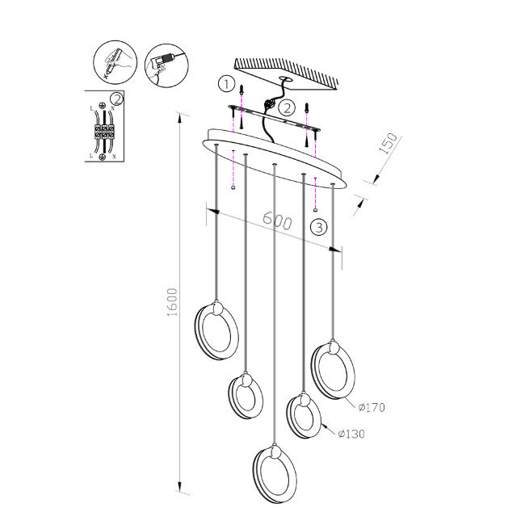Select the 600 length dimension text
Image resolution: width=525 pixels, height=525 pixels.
coord(277,222)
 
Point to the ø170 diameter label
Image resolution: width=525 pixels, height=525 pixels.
coord(370,407)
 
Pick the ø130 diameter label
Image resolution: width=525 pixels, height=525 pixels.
coord(353,434)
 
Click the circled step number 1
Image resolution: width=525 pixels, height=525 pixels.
coord(227,84)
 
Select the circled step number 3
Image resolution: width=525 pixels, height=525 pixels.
coord(320,227)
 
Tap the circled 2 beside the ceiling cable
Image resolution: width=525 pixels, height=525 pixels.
coord(286,106)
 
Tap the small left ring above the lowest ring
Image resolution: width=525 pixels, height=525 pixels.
coord(245,397)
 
